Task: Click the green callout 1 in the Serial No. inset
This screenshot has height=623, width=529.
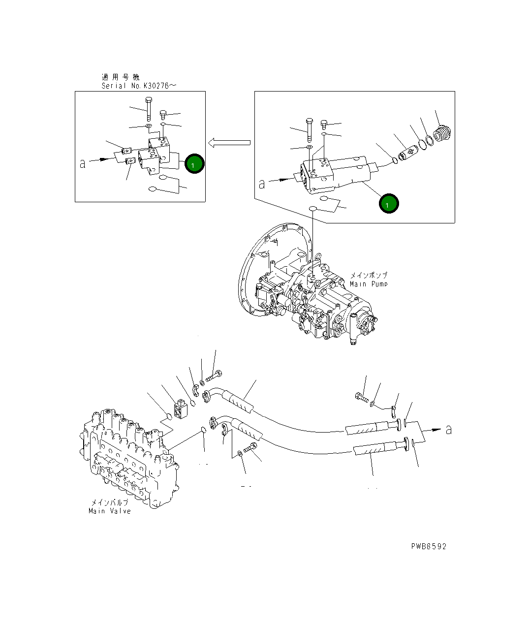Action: pyautogui.click(x=193, y=164)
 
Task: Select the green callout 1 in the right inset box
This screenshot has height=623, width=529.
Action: pyautogui.click(x=388, y=203)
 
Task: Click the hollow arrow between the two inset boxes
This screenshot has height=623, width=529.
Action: pyautogui.click(x=229, y=143)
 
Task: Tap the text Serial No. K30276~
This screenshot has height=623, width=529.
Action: pyautogui.click(x=138, y=86)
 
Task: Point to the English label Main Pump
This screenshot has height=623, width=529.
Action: pyautogui.click(x=369, y=284)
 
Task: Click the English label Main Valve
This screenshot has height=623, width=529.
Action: pyautogui.click(x=110, y=511)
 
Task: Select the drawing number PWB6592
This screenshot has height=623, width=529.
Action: pyautogui.click(x=429, y=546)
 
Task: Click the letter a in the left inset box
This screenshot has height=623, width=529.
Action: pyautogui.click(x=83, y=163)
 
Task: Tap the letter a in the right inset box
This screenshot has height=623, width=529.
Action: pyautogui.click(x=262, y=184)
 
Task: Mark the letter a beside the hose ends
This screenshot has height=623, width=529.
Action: pyautogui.click(x=448, y=430)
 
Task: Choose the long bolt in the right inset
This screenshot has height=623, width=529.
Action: pyautogui.click(x=309, y=129)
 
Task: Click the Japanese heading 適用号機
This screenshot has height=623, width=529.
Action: pyautogui.click(x=121, y=77)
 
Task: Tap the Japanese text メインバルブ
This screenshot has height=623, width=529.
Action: pyautogui.click(x=110, y=502)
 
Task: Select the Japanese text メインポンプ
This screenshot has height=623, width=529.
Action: pyautogui.click(x=369, y=276)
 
